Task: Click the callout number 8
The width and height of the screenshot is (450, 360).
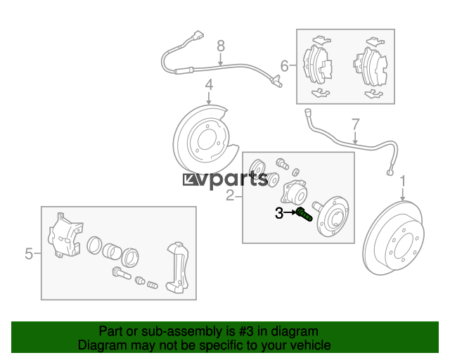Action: tap(220, 46)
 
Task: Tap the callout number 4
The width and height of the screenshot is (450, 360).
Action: tap(210, 84)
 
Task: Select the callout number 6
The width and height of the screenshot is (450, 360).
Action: tap(284, 65)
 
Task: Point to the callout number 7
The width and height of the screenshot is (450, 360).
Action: tap(356, 124)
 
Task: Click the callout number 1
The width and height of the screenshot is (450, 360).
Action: tap(403, 181)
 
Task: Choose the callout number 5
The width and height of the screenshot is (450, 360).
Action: tap(29, 254)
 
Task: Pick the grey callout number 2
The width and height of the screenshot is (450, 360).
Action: tap(230, 195)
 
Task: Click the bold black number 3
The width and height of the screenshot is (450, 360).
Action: tap(279, 213)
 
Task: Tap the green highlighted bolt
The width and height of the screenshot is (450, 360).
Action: tap(304, 214)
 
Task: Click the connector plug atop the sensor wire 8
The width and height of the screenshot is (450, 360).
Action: tap(198, 36)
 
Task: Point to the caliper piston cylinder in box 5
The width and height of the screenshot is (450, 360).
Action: tap(112, 251)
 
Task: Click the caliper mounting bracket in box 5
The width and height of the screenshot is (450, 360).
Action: tap(179, 269)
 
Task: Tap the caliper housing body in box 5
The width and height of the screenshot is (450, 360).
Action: tap(65, 236)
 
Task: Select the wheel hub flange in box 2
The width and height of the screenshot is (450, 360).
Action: tap(333, 216)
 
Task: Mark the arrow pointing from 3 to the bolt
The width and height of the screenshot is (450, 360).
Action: tap(290, 212)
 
